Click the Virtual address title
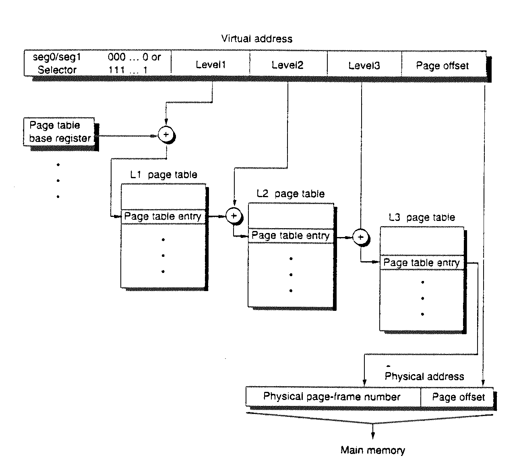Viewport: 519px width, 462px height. (x=256, y=39)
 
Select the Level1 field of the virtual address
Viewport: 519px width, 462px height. (x=211, y=65)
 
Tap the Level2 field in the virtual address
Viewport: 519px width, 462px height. (x=287, y=65)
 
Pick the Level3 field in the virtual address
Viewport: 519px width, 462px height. (x=364, y=65)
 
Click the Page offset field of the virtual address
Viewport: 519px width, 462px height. (x=442, y=66)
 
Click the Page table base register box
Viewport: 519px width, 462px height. (x=60, y=132)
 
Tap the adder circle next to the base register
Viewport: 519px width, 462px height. (x=166, y=135)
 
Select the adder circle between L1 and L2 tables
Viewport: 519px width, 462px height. (x=234, y=216)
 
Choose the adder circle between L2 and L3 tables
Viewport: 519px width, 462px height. (x=361, y=237)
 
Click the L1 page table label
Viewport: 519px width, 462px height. (x=163, y=175)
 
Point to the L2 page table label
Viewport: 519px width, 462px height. (x=291, y=194)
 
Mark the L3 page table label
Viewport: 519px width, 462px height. (x=422, y=218)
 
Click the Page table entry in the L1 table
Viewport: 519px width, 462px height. (x=163, y=216)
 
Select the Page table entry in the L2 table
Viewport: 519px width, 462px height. (x=290, y=235)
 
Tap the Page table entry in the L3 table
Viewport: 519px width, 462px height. (x=422, y=263)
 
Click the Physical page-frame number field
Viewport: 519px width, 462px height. (x=332, y=397)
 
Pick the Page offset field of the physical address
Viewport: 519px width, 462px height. (x=458, y=397)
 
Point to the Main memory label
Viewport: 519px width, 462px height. (x=373, y=450)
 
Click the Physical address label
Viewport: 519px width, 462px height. (x=424, y=377)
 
